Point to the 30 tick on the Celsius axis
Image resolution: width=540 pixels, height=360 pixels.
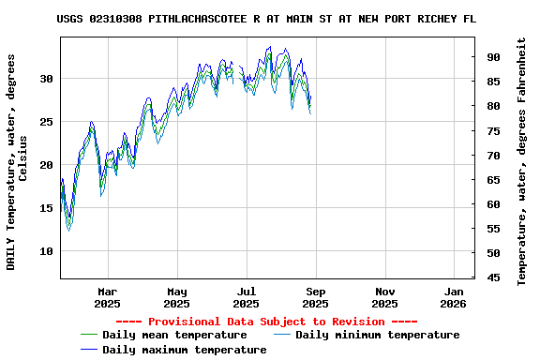[46, 79]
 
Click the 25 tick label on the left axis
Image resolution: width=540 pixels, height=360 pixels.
[46, 122]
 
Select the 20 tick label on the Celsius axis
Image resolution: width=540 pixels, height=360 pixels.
[46, 165]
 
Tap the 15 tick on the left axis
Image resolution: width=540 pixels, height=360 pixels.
[46, 208]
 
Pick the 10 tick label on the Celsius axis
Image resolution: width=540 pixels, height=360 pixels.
[46, 251]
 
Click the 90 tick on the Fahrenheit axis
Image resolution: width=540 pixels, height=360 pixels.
[493, 57]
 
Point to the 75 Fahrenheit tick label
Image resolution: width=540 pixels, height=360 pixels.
[493, 130]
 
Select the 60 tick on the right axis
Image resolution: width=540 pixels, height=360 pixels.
[493, 203]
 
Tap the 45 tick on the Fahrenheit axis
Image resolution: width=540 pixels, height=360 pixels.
[493, 277]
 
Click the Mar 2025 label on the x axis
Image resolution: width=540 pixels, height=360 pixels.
[108, 297]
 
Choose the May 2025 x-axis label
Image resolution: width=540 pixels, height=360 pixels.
[177, 297]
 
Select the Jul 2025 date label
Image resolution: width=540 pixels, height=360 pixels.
[246, 297]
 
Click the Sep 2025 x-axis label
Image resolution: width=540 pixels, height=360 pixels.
[315, 297]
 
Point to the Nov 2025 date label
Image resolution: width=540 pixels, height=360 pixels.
[384, 297]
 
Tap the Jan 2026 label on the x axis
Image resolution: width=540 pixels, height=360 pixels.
[453, 297]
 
